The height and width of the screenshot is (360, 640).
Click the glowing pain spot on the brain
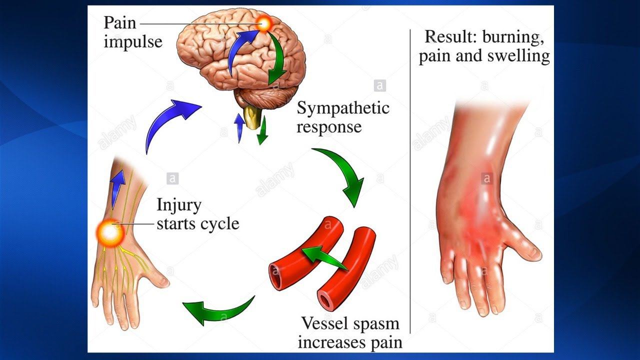263,23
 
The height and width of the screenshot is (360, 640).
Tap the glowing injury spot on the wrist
110,232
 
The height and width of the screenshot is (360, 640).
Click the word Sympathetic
343,108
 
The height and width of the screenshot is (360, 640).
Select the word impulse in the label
133,41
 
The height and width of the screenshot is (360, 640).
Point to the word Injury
178,205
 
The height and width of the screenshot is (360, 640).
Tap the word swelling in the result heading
518,55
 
